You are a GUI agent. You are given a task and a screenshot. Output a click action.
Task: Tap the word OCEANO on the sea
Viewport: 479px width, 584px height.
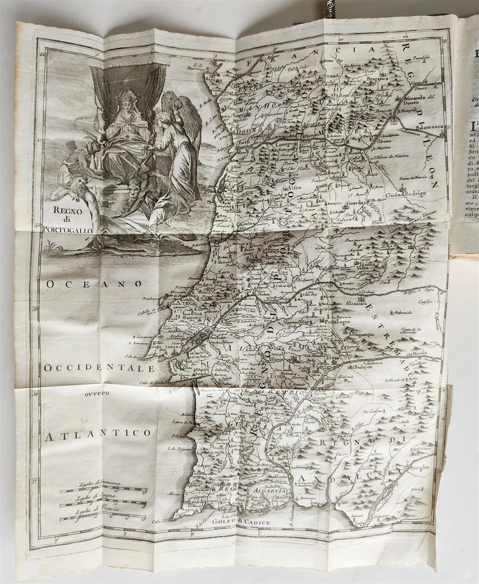[x=94, y=284]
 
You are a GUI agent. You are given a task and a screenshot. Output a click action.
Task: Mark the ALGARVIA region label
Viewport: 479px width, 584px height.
[x=271, y=492]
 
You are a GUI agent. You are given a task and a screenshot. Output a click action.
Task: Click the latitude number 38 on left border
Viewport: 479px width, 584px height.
[x=35, y=393]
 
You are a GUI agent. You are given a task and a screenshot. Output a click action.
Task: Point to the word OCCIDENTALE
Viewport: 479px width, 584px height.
[x=99, y=368]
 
